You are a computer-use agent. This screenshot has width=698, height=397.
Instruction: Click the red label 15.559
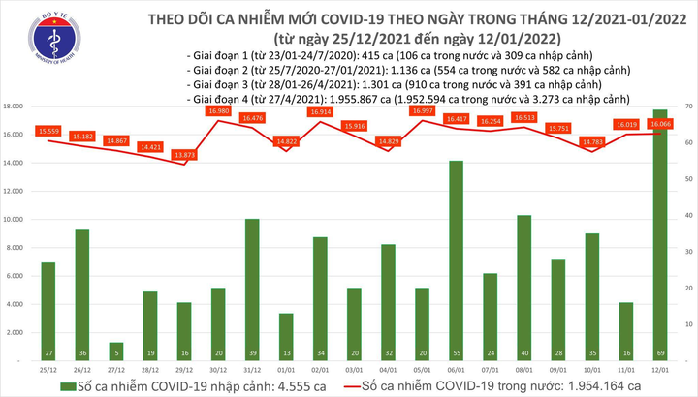click(x=48, y=131)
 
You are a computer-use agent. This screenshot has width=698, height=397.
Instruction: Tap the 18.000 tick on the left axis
click(x=14, y=107)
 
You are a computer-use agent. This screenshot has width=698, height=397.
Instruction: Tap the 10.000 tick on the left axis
click(x=14, y=220)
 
